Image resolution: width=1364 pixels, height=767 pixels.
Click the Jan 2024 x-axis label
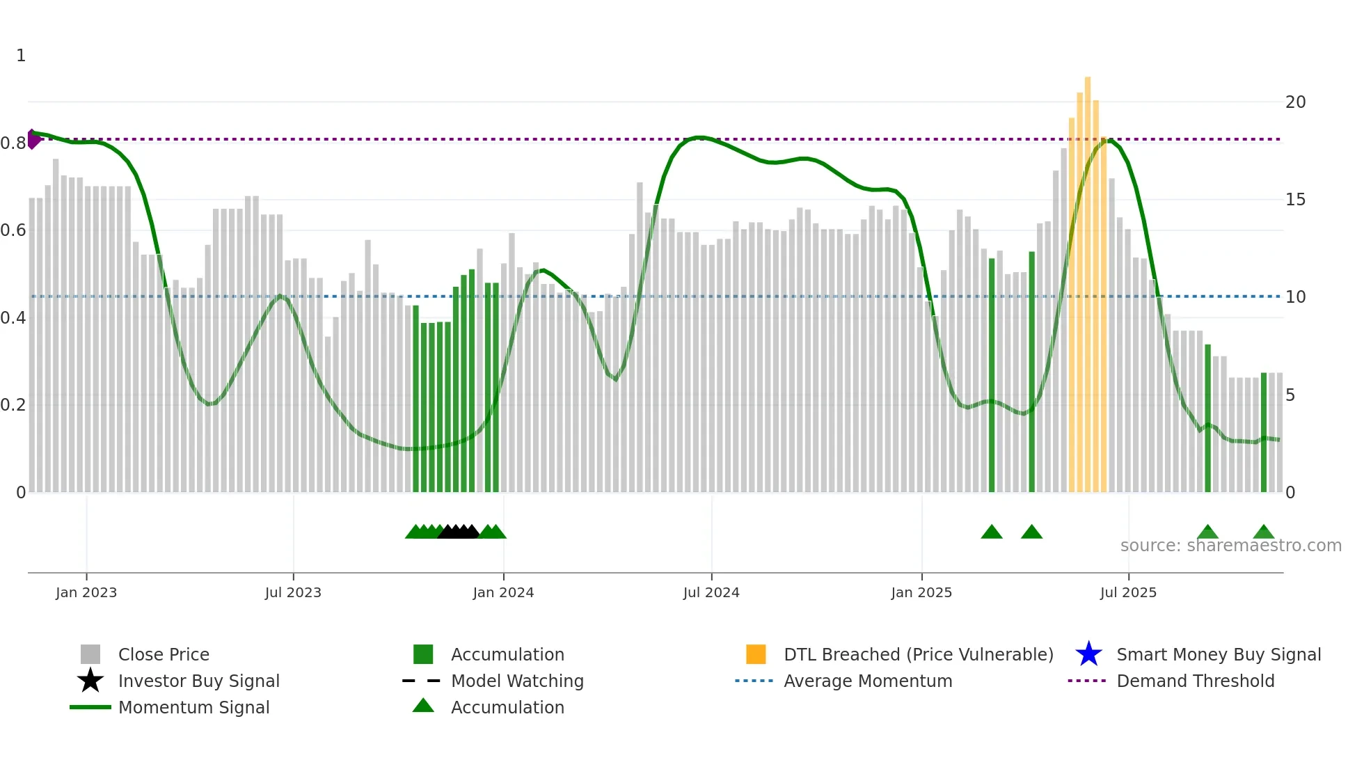[x=503, y=592]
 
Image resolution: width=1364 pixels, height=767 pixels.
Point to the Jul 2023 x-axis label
[x=293, y=592]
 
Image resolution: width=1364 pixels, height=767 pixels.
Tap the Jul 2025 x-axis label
[x=1128, y=592]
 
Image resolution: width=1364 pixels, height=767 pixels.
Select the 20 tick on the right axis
[x=1295, y=102]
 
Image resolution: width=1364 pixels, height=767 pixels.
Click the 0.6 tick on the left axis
[x=13, y=230]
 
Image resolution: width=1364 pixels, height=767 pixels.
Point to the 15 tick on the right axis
[x=1295, y=200]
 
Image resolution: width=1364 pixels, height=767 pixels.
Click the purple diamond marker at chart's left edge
[x=33, y=139]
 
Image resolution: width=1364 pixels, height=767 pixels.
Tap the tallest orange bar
[x=1088, y=278]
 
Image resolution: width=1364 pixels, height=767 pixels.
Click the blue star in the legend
[x=1088, y=654]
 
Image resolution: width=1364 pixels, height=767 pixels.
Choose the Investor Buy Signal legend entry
[x=198, y=681]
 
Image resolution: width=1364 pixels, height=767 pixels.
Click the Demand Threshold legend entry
[x=1195, y=681]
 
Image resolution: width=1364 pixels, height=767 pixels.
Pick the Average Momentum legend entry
[x=867, y=681]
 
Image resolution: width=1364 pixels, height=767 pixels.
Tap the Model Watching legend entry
[x=516, y=681]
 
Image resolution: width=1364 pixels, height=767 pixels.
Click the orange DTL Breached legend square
[x=756, y=654]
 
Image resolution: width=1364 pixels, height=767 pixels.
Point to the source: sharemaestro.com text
[x=1230, y=546]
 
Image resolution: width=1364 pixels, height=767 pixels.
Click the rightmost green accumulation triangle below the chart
[x=1263, y=532]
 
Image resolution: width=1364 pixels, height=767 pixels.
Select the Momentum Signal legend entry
[x=193, y=707]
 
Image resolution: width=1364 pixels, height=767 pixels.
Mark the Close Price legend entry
[x=163, y=654]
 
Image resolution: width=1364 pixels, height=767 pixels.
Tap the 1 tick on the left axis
[x=21, y=56]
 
